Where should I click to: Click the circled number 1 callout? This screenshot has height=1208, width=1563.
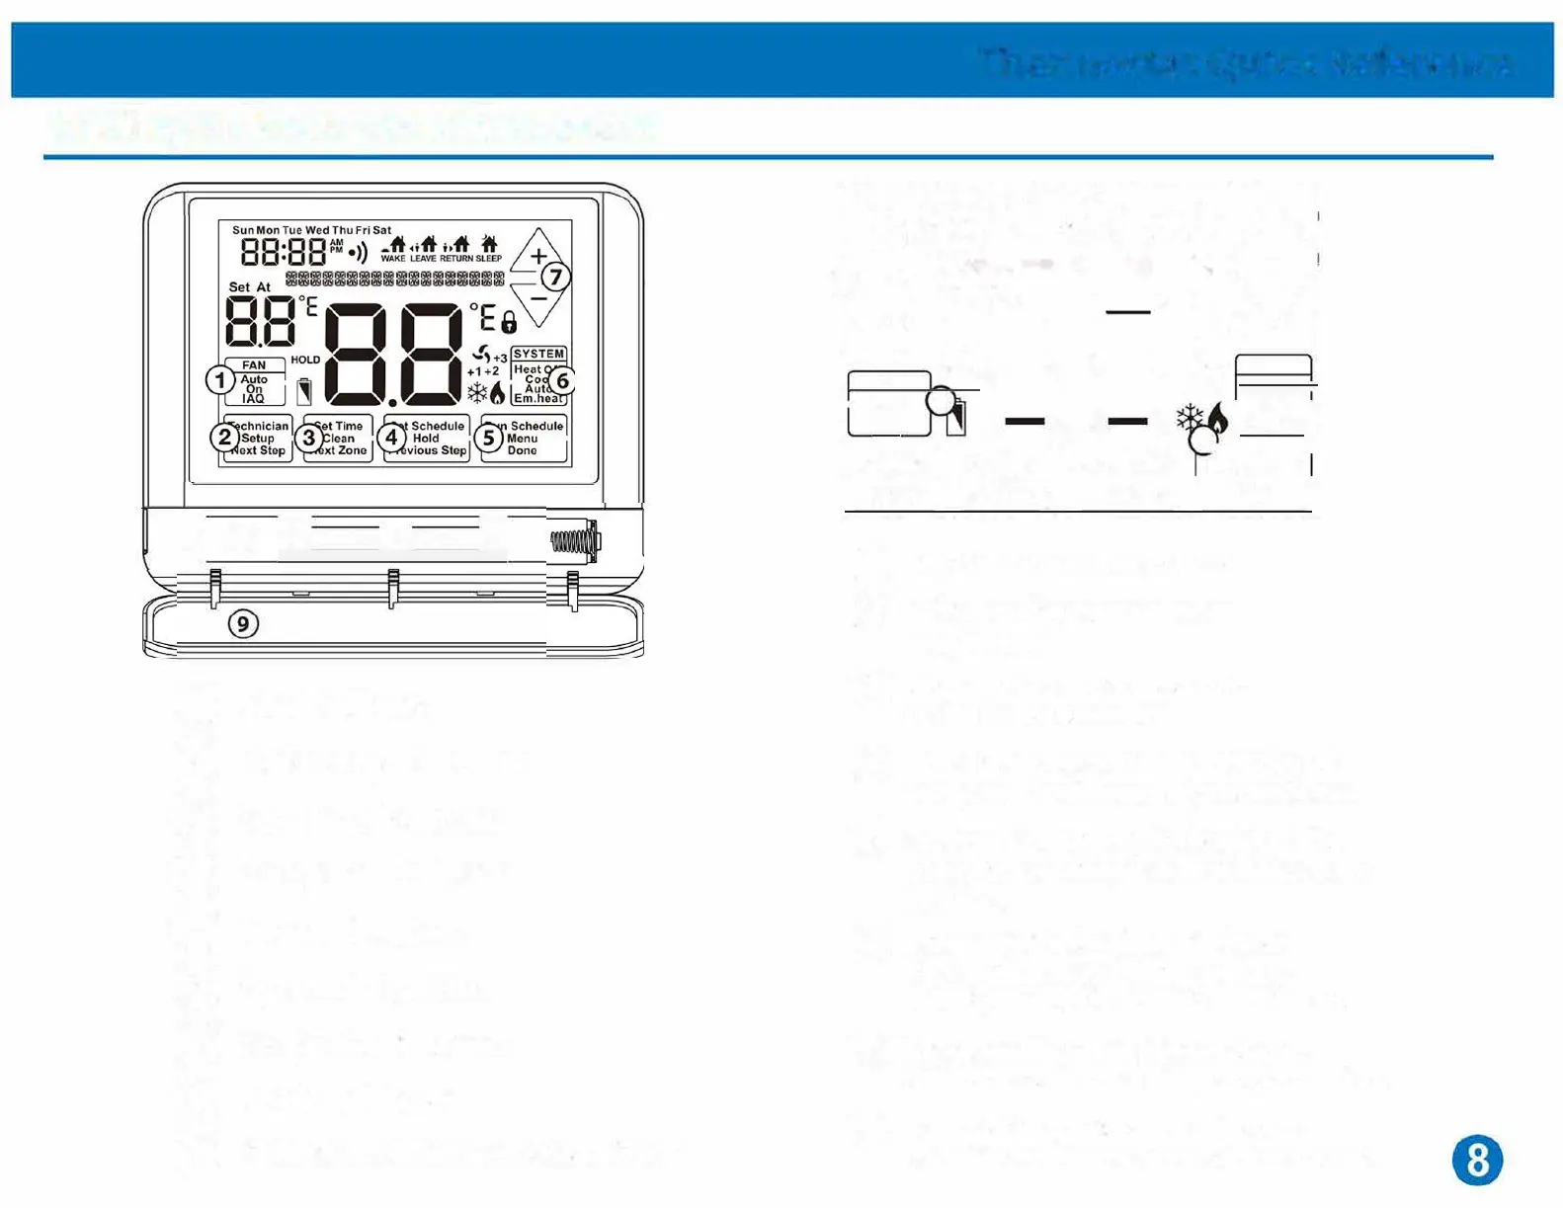[x=220, y=380]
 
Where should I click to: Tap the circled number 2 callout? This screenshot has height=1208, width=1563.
[x=225, y=437]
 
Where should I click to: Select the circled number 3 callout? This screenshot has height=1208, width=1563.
[x=309, y=437]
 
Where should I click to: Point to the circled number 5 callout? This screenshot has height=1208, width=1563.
[x=489, y=437]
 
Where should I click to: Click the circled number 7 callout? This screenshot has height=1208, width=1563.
[x=556, y=277]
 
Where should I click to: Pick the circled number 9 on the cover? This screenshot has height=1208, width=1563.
[x=243, y=624]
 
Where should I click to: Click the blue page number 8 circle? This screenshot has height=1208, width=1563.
[x=1477, y=1160]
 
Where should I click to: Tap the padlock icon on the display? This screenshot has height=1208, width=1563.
[x=509, y=322]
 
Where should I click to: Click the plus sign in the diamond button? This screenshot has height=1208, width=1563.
[x=538, y=256]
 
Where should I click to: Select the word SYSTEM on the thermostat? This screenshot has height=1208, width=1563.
[x=538, y=354]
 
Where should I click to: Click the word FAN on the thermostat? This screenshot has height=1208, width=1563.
[x=254, y=365]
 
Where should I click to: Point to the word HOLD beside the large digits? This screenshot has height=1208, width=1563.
[x=305, y=360]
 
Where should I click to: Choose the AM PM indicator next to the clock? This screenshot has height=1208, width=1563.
[x=337, y=246]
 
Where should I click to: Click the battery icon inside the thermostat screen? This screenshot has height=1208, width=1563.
[x=304, y=391]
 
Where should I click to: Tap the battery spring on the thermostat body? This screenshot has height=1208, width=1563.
[x=573, y=541]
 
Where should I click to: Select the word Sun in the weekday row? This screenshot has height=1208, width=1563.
[x=242, y=230]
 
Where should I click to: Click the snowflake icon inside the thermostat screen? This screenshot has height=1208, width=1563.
[x=477, y=393]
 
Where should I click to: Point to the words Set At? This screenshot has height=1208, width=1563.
[x=249, y=287]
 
